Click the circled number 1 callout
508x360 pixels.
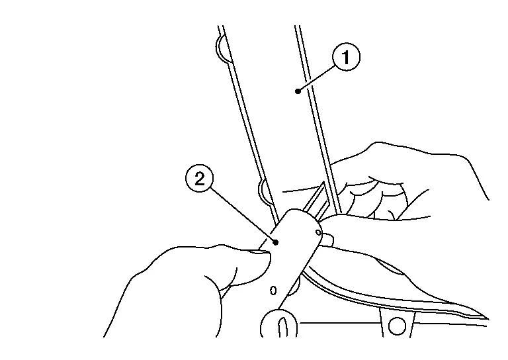[x=346, y=57]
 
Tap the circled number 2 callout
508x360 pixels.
[x=200, y=178]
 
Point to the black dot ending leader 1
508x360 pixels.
[x=298, y=91]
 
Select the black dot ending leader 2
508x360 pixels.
[x=276, y=242]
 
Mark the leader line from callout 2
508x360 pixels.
[x=243, y=214]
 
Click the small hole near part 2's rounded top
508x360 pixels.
[x=318, y=232]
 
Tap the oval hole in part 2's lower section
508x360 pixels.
[x=273, y=291]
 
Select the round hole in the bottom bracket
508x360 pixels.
[x=397, y=326]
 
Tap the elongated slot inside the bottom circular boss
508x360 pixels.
[x=282, y=328]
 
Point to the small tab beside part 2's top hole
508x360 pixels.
[x=328, y=238]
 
